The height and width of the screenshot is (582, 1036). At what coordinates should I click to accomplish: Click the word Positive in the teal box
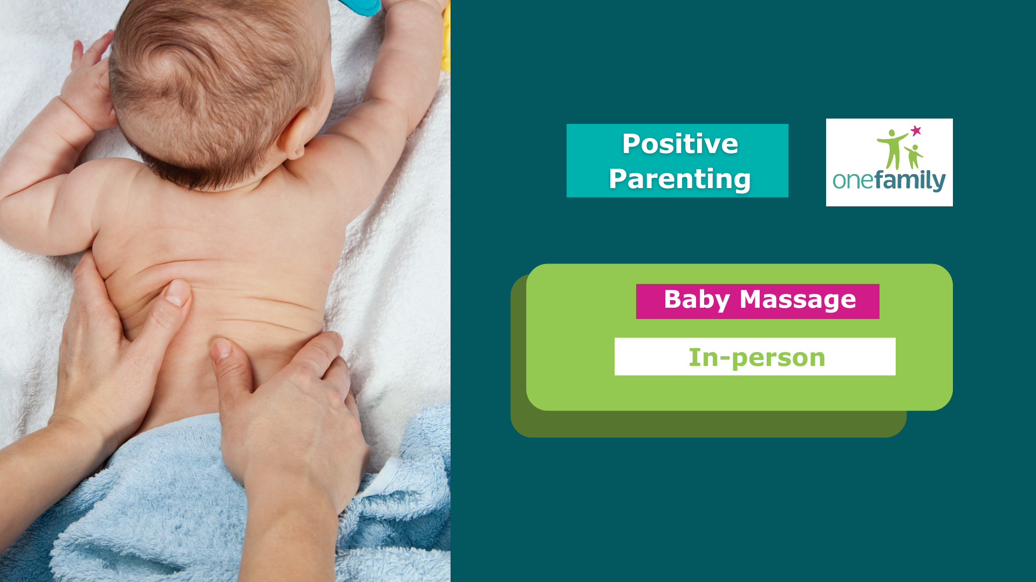[x=680, y=144]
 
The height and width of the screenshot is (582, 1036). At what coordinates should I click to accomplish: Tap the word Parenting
[x=680, y=179]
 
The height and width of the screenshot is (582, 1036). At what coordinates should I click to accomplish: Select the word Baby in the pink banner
[x=697, y=300]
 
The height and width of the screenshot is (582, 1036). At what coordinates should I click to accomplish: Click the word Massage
[x=798, y=300]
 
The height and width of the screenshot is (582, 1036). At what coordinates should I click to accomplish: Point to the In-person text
[x=756, y=357]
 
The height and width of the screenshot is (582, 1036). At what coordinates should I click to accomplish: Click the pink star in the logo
[x=916, y=130]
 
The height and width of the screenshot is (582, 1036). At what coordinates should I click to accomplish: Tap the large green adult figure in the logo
[x=893, y=148]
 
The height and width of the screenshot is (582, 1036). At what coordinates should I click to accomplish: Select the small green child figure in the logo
[x=914, y=156]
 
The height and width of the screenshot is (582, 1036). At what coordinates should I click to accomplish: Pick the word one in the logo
[x=850, y=181]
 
